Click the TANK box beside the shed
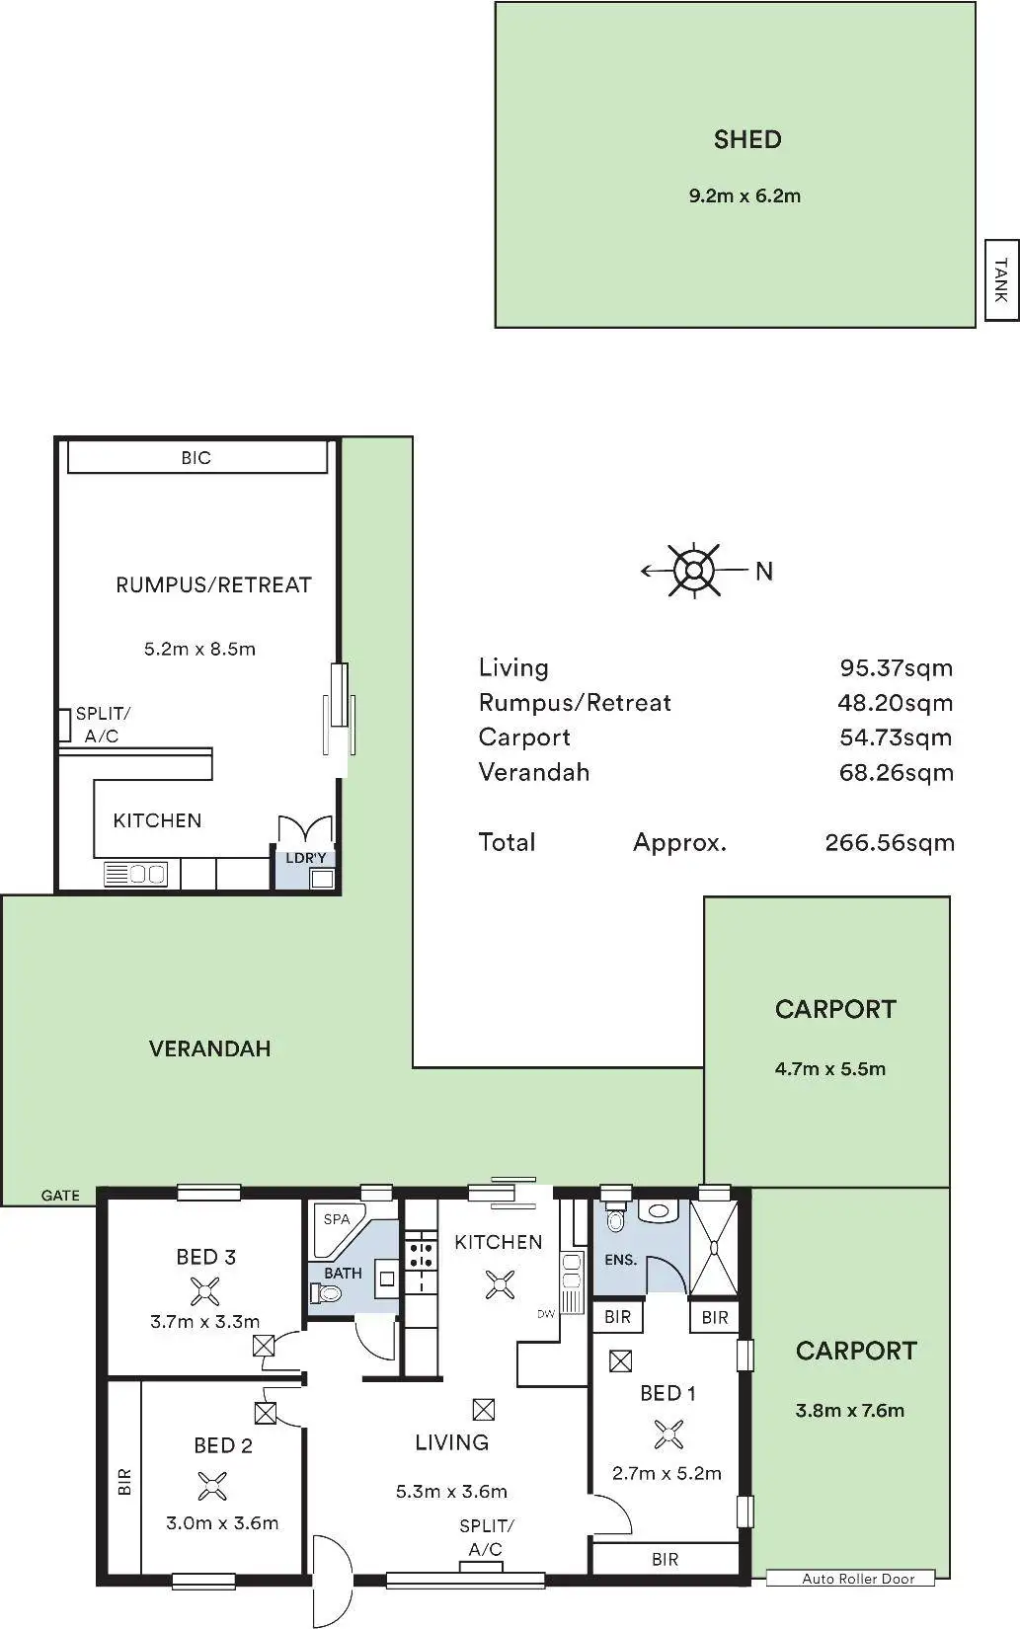(x=1001, y=280)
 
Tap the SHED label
(x=747, y=139)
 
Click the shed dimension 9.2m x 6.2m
(x=745, y=195)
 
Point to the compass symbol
(x=695, y=571)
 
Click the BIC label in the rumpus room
(x=196, y=457)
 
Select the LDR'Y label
(x=305, y=858)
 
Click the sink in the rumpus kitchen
(x=135, y=874)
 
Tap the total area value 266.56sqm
(x=889, y=843)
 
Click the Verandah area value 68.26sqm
(x=896, y=772)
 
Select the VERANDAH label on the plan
(x=209, y=1047)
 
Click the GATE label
(x=60, y=1195)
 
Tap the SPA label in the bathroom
(x=337, y=1219)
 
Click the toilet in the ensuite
(x=615, y=1219)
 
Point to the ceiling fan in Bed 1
(x=667, y=1435)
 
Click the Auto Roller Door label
(x=858, y=1578)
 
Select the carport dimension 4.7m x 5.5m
(x=830, y=1068)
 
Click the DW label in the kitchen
(x=546, y=1313)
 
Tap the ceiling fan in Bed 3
(x=204, y=1291)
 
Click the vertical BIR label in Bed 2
(x=124, y=1482)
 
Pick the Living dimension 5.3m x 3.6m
(x=451, y=1492)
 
